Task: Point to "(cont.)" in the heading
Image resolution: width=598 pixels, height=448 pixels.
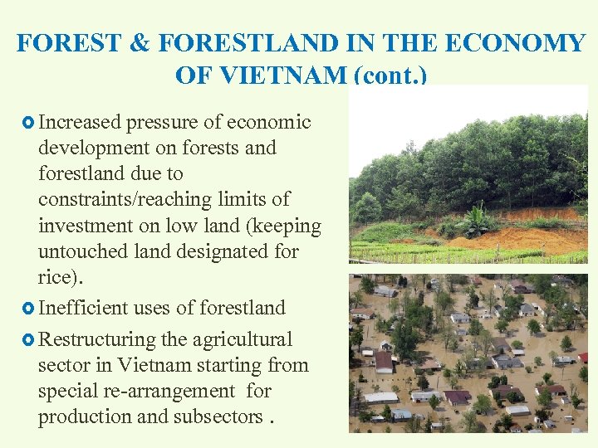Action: point(390,76)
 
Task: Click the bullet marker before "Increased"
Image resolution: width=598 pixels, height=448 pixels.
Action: point(27,123)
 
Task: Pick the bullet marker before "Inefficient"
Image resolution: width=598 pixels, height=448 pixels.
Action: point(27,309)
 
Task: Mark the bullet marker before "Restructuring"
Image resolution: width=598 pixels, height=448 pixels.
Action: point(27,340)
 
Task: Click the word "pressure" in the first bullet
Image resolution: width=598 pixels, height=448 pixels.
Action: point(163,123)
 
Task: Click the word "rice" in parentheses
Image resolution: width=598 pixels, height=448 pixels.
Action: point(54,277)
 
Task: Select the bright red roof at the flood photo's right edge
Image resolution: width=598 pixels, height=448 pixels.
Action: point(583,358)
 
